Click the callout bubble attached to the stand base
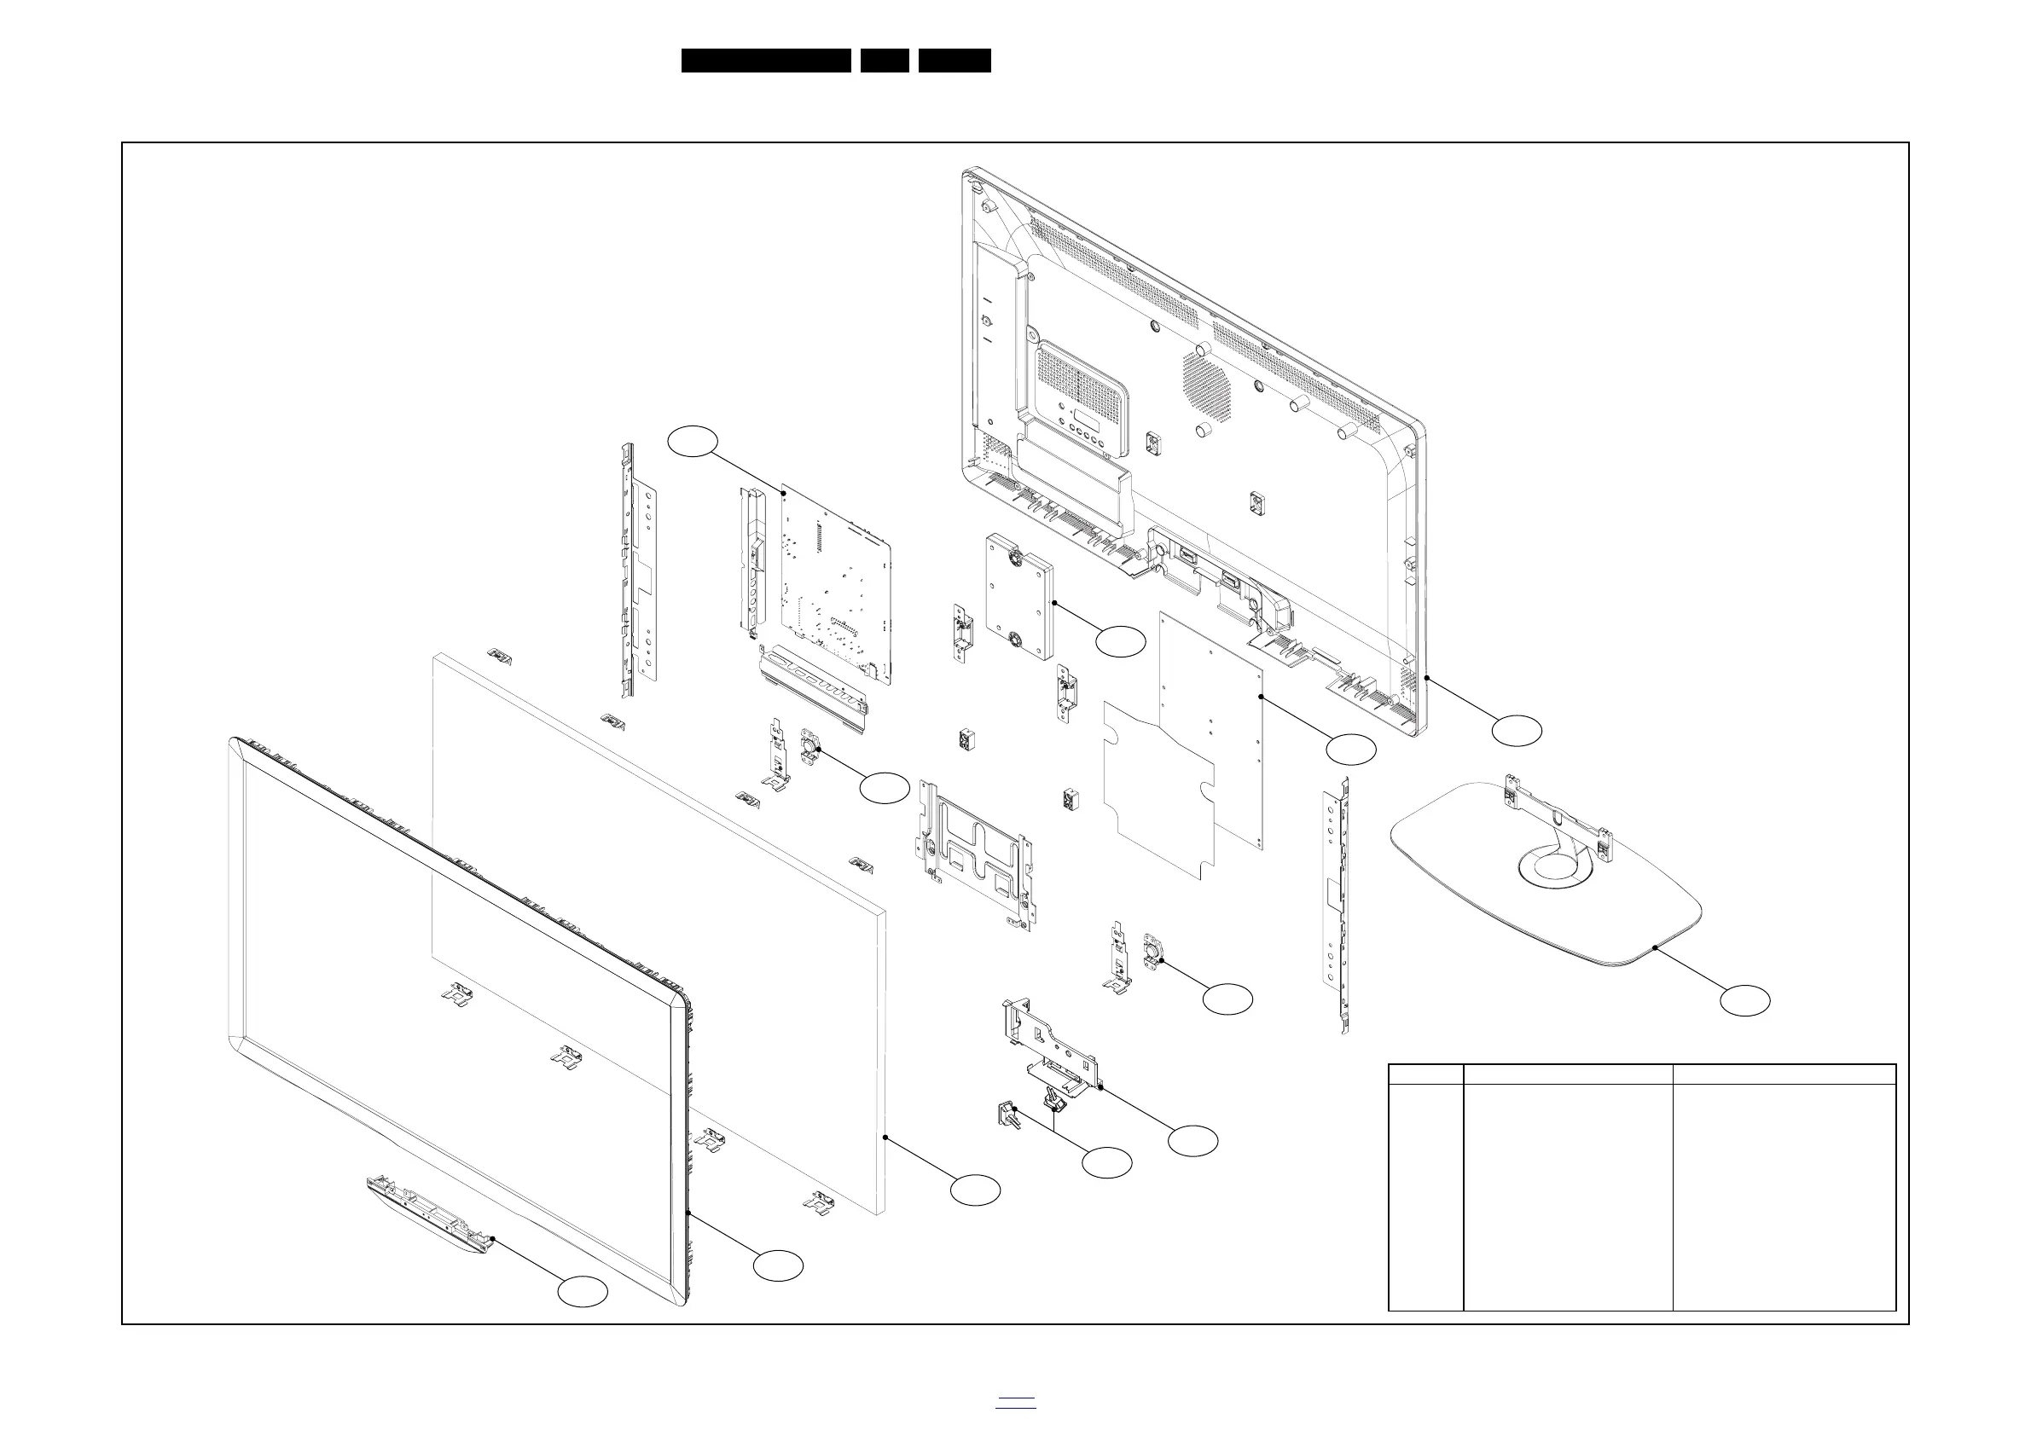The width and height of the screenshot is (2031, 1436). click(1744, 1001)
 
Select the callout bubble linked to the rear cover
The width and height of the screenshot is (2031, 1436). click(1516, 731)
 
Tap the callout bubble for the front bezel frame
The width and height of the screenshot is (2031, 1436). click(778, 1266)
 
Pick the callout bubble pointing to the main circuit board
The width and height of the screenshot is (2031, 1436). click(692, 441)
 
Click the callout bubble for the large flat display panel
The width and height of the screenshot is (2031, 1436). click(975, 1190)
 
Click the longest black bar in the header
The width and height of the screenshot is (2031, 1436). click(765, 61)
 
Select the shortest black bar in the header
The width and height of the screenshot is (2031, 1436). click(885, 61)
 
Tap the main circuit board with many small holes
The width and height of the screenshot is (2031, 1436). click(832, 583)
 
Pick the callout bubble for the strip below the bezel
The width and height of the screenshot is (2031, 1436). click(582, 1292)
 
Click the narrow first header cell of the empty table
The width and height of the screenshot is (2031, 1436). click(1426, 1074)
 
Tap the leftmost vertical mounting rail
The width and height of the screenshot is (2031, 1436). click(639, 575)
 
